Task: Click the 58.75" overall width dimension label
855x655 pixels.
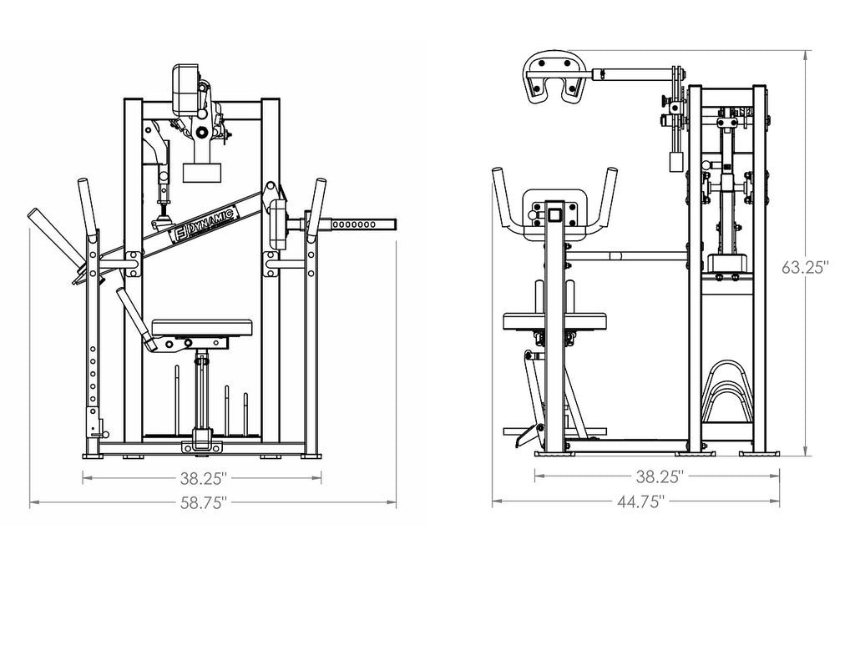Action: [204, 502]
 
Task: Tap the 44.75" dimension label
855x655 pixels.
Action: [640, 501]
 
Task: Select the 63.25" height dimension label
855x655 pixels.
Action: [805, 268]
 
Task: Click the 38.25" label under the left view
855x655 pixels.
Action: [204, 478]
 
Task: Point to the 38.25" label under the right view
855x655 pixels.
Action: [660, 476]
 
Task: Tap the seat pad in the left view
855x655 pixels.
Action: [202, 328]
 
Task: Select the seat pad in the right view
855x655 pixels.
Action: [554, 321]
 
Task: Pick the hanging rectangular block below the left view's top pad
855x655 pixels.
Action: [202, 172]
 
